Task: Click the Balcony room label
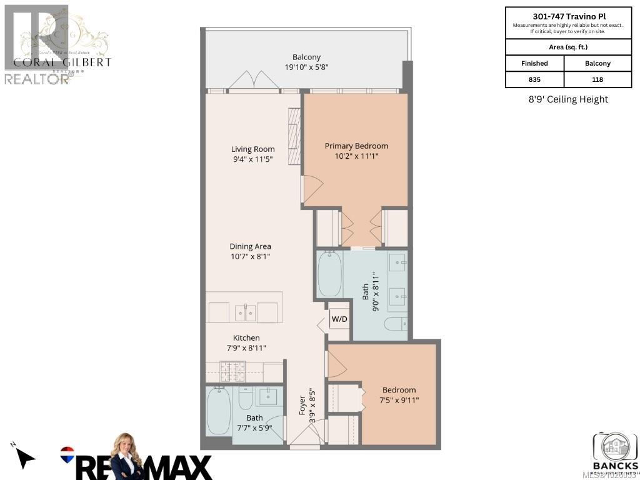306,57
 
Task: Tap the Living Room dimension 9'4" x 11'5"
252,159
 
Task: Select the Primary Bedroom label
356,146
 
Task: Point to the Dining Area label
250,246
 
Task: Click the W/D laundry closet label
339,318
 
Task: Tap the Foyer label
302,406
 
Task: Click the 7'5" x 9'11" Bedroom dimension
399,400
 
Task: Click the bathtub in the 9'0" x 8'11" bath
329,274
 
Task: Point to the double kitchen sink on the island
245,312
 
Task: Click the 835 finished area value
534,79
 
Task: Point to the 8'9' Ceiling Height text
567,99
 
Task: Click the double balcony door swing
254,80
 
